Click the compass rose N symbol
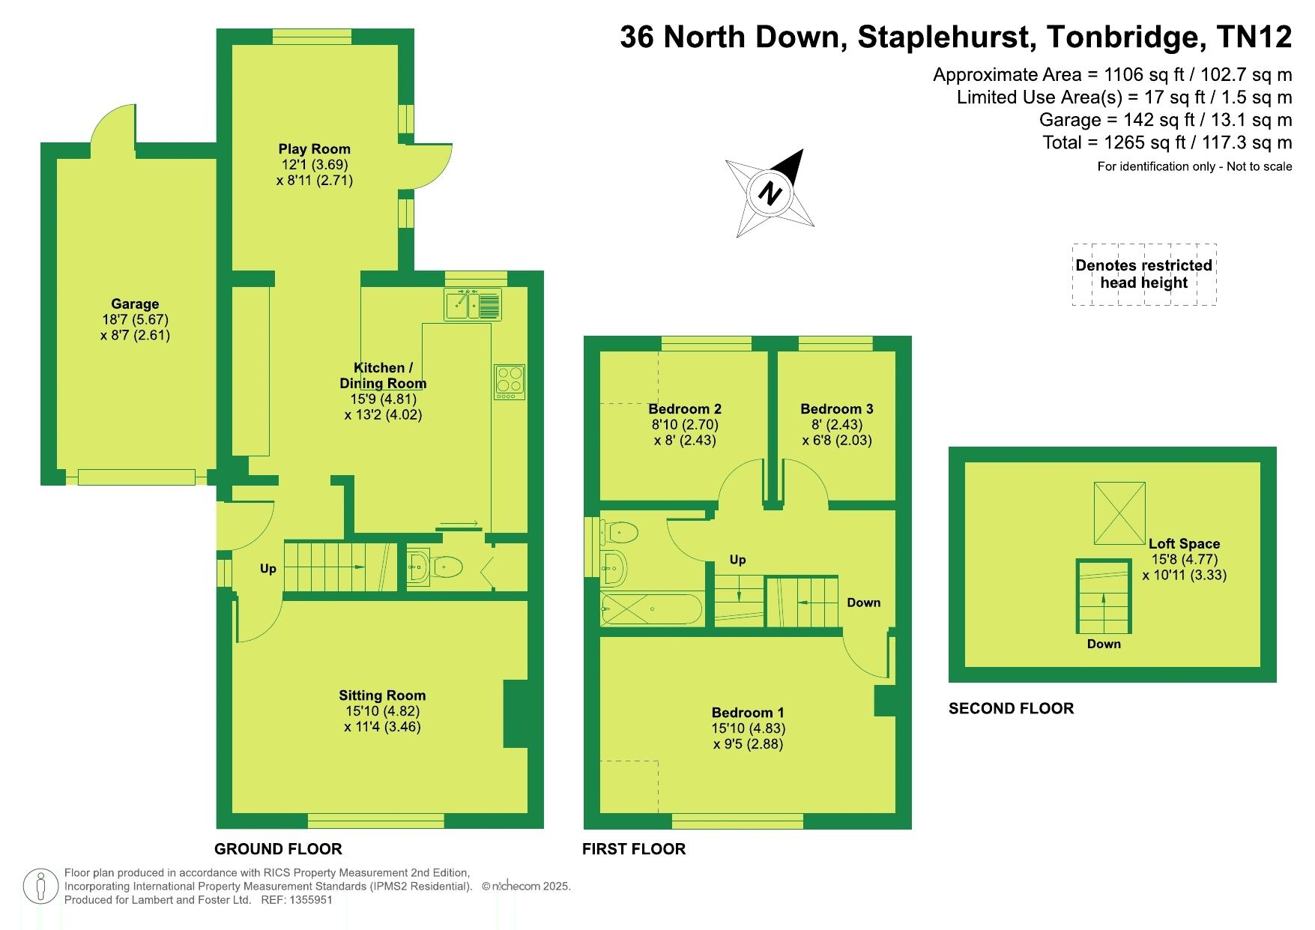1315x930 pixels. (x=770, y=193)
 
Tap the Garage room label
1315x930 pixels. (x=135, y=304)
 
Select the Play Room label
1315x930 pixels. (x=314, y=148)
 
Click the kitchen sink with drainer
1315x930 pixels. (x=473, y=304)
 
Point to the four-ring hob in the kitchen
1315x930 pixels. (x=510, y=382)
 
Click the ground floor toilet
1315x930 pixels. (x=447, y=567)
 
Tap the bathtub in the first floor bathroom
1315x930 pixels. (x=651, y=609)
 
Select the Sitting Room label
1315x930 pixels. (x=382, y=695)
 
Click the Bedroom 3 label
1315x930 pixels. (x=836, y=408)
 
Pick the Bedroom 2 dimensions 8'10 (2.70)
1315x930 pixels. (x=685, y=424)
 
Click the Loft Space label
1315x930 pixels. (x=1184, y=543)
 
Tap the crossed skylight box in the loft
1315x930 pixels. (x=1119, y=513)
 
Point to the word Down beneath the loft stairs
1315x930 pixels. (x=1104, y=644)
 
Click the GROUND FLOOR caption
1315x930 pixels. (x=278, y=848)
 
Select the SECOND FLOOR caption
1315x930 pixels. (x=1011, y=708)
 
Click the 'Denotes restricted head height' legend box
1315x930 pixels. (x=1143, y=274)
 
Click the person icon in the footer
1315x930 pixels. (x=41, y=886)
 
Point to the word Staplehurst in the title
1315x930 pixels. (x=947, y=37)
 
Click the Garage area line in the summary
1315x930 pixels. (x=1165, y=120)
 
